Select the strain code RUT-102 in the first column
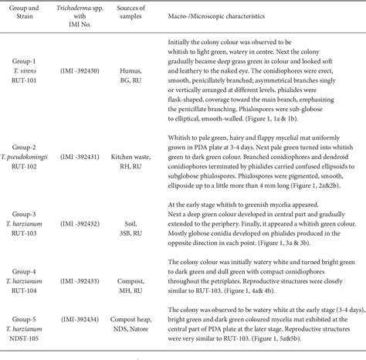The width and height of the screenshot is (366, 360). (29, 166)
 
